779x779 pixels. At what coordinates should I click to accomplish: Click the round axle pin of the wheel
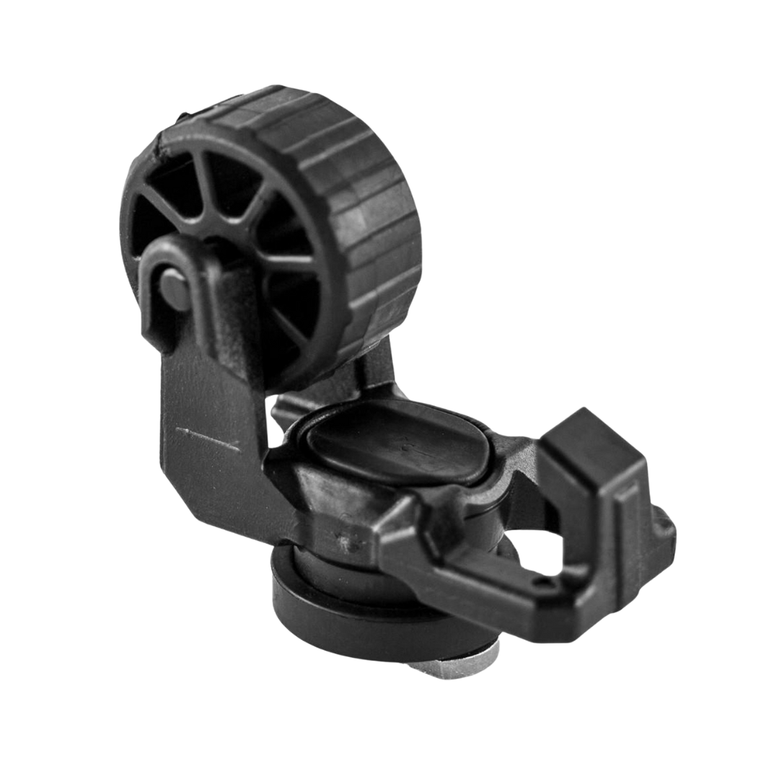173,288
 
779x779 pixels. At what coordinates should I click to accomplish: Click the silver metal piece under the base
462,668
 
